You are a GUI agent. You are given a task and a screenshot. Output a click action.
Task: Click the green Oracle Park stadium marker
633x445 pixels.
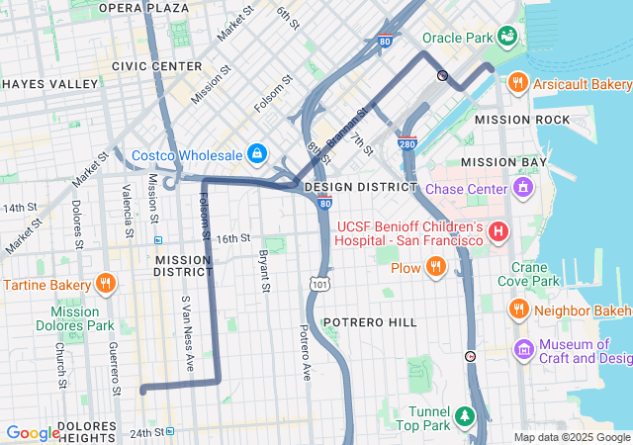pos(507,38)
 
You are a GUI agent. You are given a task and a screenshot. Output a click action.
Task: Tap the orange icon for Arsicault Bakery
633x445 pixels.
pos(516,84)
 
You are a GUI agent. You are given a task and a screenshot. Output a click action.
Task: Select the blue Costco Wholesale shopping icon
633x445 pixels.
pos(256,155)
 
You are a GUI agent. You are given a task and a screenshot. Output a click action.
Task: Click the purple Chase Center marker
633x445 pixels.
pos(522,188)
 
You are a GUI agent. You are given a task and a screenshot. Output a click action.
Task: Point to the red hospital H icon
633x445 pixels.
pos(499,232)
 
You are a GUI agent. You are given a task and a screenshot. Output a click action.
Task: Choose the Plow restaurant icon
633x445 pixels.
pos(434,267)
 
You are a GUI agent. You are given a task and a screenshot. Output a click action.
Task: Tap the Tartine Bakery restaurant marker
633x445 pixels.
pos(106,286)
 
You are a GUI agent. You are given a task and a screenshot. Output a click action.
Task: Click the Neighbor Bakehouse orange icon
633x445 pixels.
pos(517,311)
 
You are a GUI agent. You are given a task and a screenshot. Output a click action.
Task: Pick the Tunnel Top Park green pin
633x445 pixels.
pos(464,415)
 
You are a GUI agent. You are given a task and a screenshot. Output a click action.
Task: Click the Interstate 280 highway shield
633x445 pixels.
pos(408,143)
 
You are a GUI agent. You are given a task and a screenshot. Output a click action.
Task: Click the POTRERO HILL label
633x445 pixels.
pos(369,323)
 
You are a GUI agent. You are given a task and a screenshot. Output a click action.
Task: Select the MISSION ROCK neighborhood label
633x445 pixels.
pos(522,120)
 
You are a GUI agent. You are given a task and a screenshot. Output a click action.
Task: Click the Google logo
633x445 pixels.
pos(33,433)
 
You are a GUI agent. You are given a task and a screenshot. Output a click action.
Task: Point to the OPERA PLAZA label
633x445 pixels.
pos(144,8)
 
